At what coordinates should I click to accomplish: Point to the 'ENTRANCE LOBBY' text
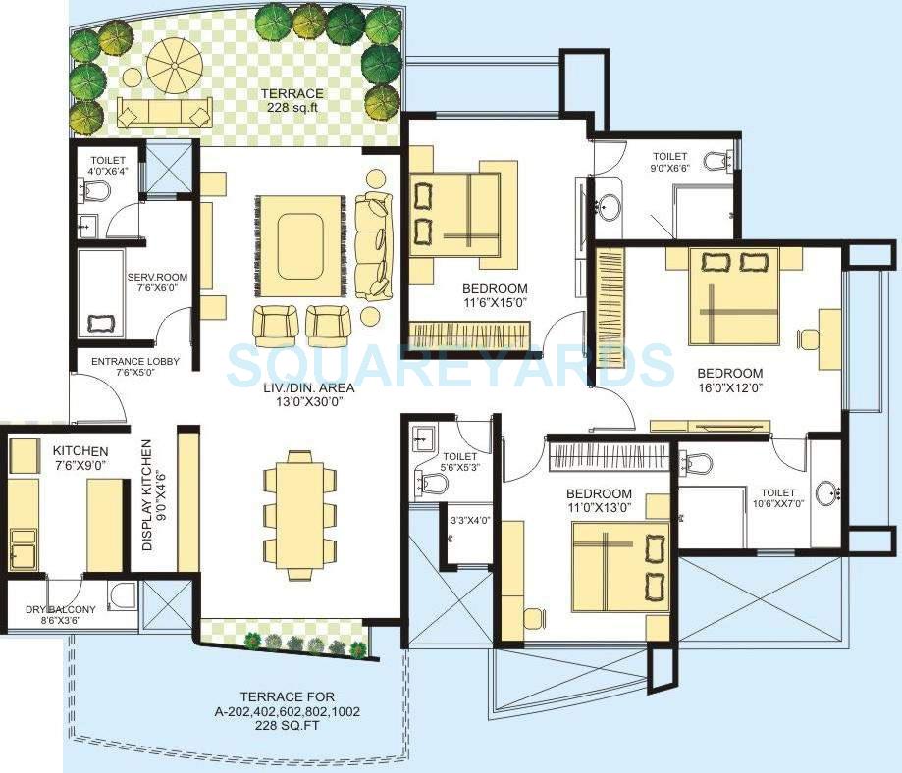[134, 362]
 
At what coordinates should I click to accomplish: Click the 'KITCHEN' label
[80, 450]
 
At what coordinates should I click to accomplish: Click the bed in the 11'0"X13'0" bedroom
[619, 567]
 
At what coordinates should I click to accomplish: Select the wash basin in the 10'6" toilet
[828, 492]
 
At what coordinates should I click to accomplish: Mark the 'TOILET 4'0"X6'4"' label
[105, 166]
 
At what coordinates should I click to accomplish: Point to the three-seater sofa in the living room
[374, 245]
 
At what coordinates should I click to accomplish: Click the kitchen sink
[22, 548]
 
